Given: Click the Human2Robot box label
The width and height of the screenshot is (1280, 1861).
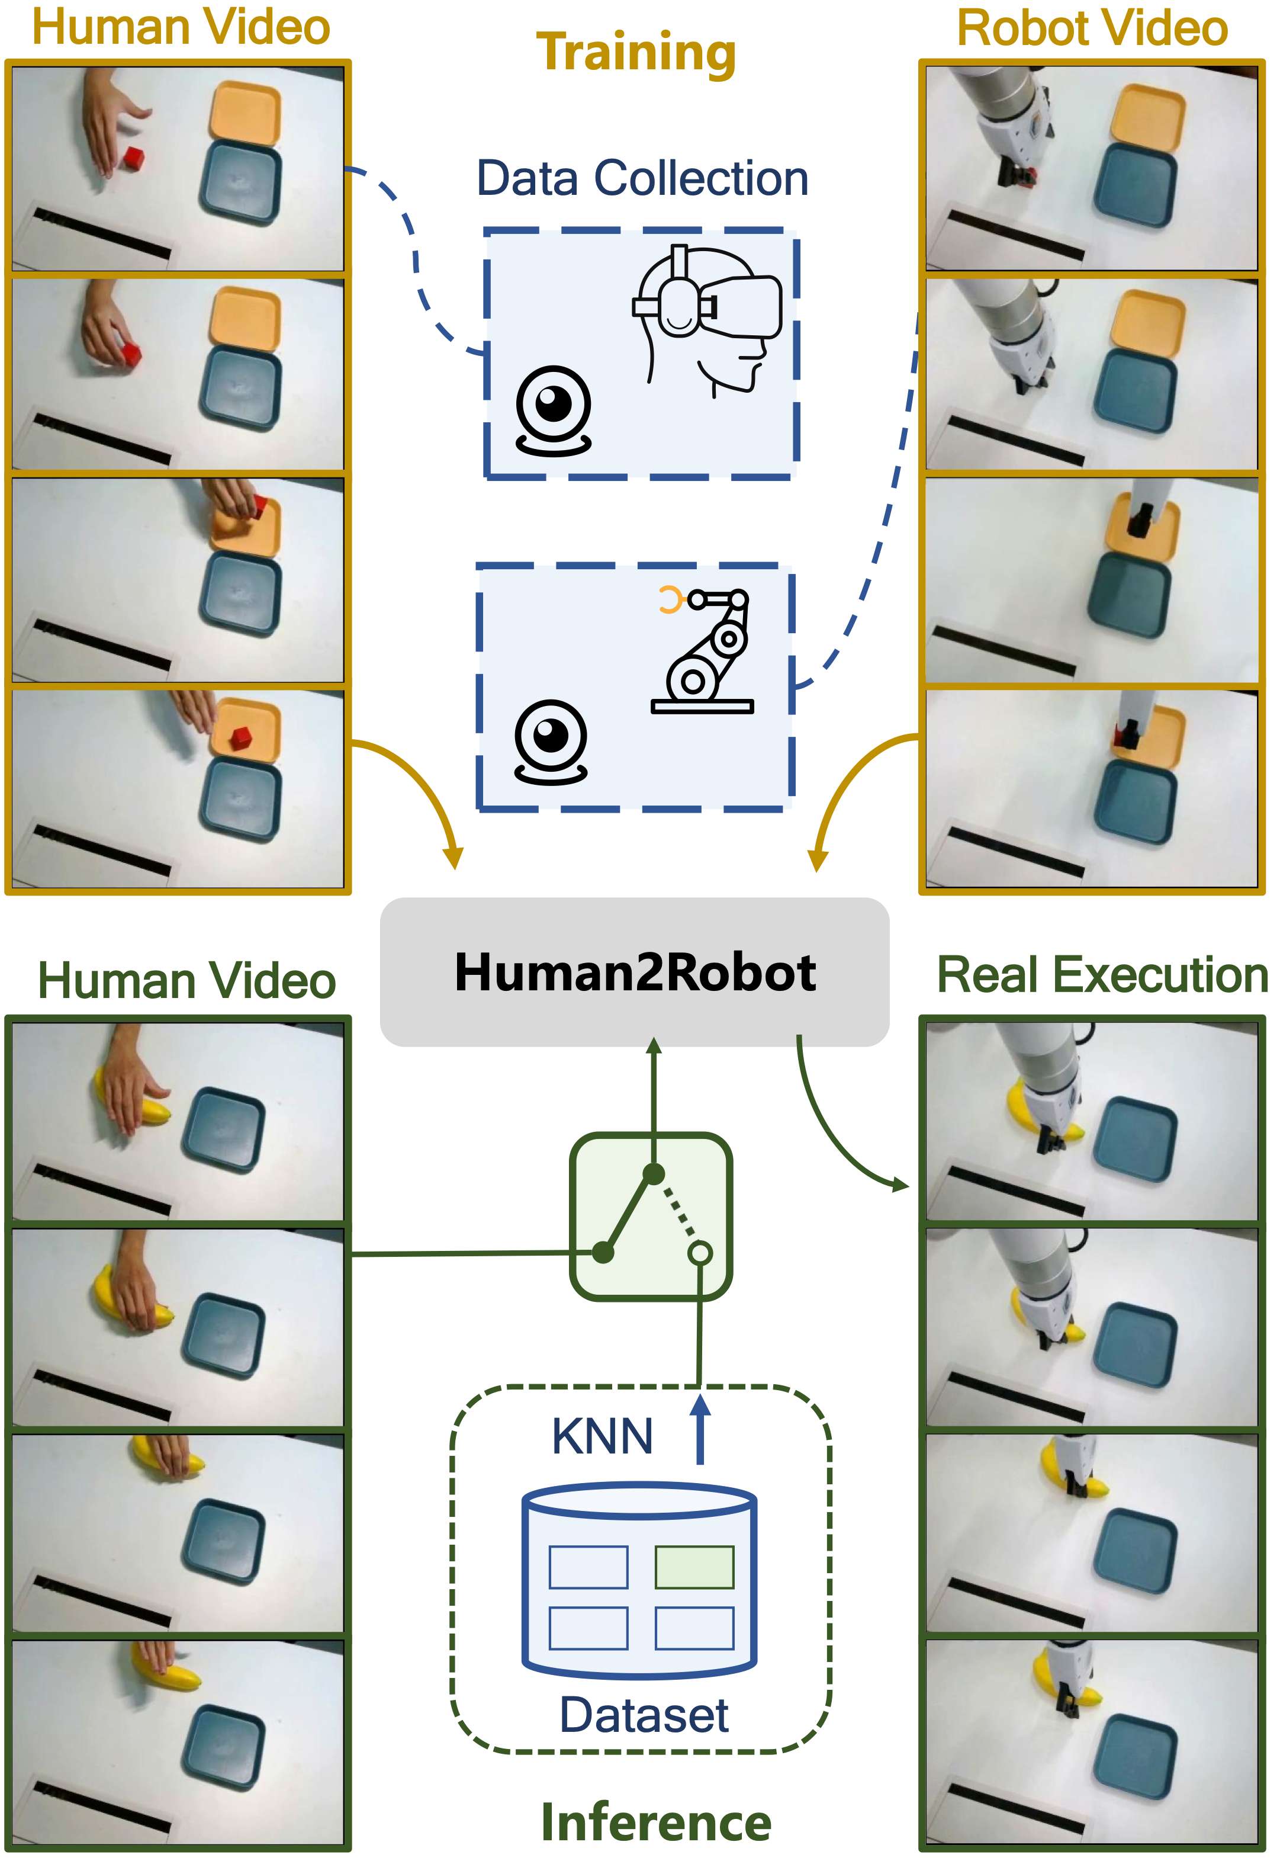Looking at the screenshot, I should [635, 972].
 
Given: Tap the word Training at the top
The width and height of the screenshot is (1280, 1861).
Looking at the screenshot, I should [636, 53].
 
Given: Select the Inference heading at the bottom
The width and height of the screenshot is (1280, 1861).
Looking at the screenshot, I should [656, 1822].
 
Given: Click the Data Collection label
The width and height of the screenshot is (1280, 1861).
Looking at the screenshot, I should [642, 178].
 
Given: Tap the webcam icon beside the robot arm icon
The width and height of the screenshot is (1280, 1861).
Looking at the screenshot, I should [551, 742].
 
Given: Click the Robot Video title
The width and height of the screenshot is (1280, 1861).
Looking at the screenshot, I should [1092, 29].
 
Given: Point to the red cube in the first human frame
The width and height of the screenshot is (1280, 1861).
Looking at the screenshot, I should [134, 158].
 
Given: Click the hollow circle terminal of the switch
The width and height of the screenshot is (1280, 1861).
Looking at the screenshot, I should [700, 1253].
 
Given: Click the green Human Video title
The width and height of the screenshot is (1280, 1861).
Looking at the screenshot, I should [187, 981].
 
